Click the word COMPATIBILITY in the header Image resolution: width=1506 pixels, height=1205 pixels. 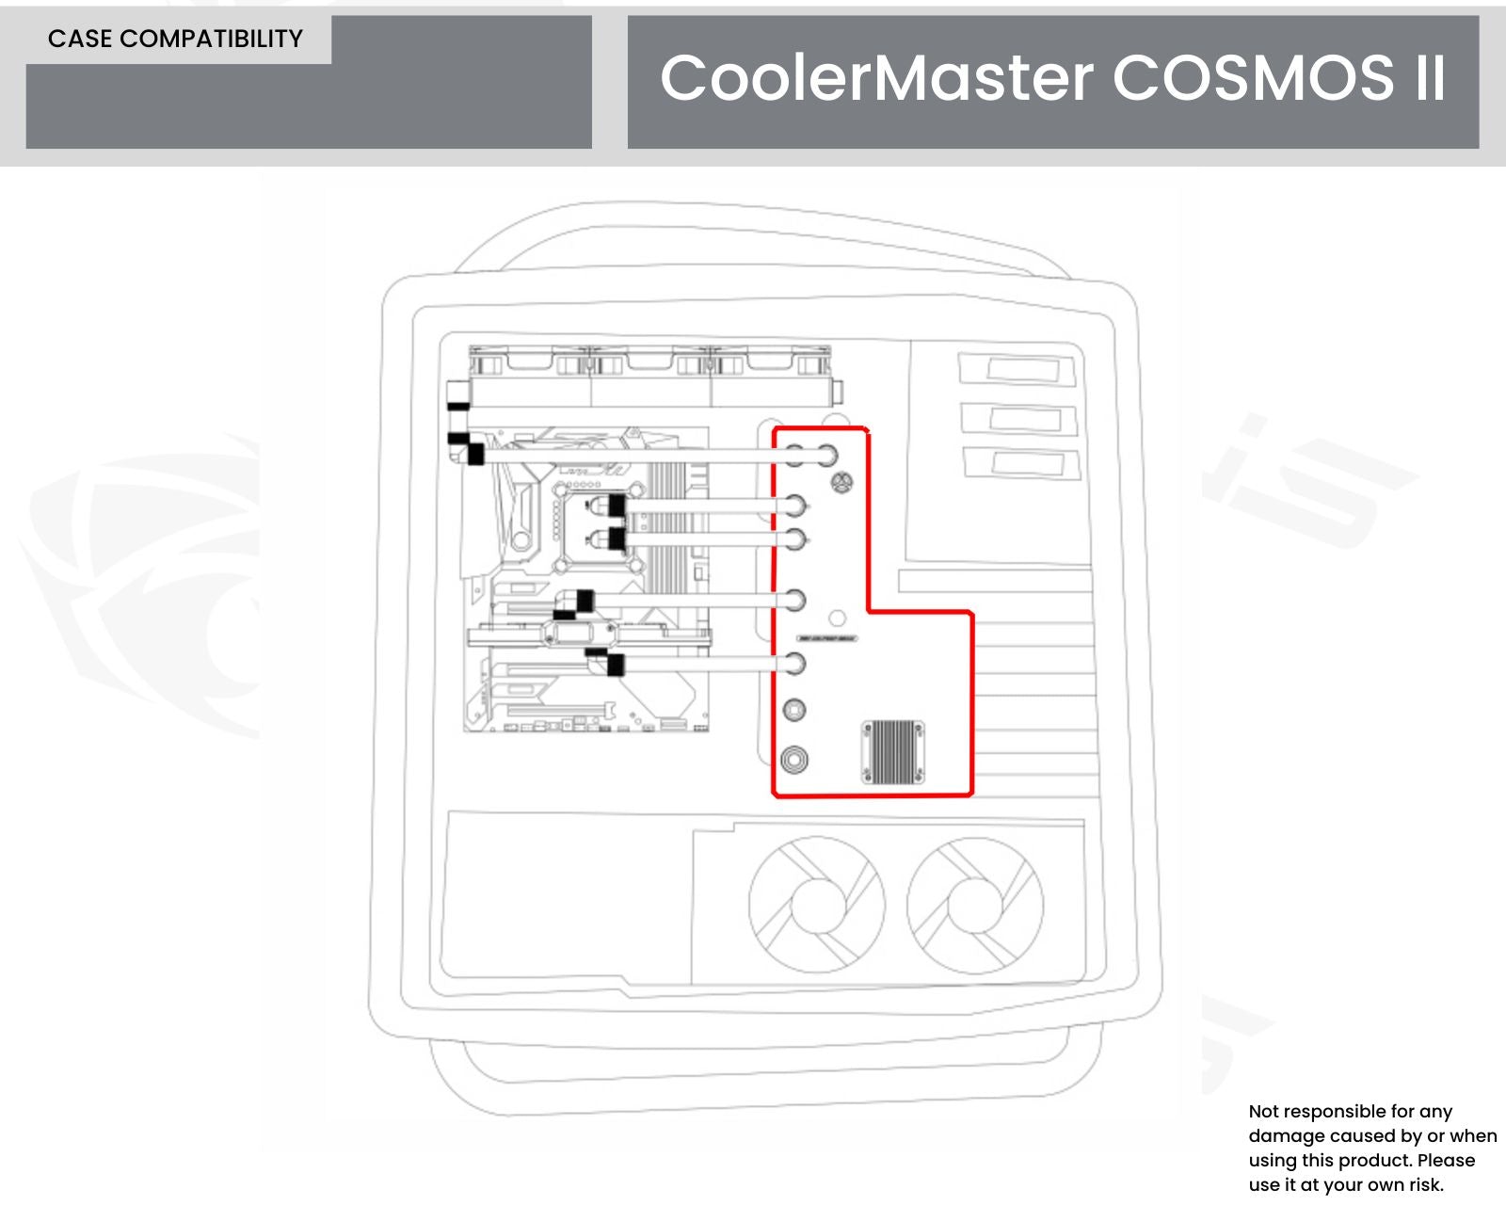tap(212, 39)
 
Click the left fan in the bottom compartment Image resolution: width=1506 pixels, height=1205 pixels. tap(816, 905)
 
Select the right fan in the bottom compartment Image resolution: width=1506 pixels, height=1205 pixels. tap(975, 905)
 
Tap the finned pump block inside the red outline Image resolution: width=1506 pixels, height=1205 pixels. tap(892, 752)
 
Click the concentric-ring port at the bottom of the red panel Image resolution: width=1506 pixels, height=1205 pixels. tap(794, 759)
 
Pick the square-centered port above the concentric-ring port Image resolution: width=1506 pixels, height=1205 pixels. tap(794, 710)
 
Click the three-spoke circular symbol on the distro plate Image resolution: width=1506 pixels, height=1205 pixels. tap(842, 483)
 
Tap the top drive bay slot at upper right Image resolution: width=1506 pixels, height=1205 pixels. tap(1017, 369)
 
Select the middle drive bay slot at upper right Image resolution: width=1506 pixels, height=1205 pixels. tap(1018, 418)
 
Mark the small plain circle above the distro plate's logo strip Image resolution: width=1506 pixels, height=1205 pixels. tap(837, 619)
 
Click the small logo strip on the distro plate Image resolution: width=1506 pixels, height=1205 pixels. tap(827, 638)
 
